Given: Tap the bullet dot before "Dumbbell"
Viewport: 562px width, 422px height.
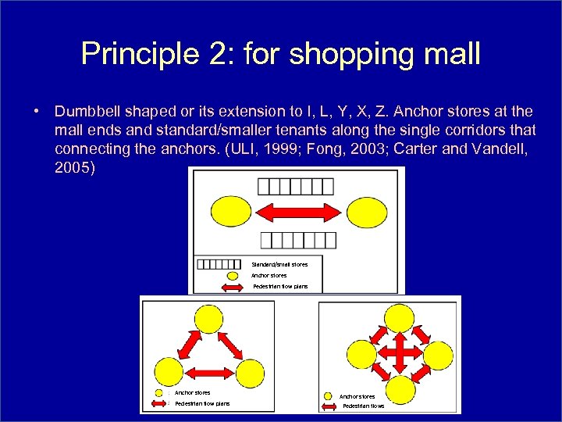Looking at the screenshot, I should click(x=37, y=112).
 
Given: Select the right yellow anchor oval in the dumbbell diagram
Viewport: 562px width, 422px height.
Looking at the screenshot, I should click(x=366, y=212).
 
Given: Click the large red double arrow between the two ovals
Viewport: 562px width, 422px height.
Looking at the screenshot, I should click(x=298, y=212).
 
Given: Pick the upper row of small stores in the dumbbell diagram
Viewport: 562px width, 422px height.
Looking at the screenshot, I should click(x=296, y=186).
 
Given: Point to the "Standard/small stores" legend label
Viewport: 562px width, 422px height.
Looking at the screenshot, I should click(x=279, y=264).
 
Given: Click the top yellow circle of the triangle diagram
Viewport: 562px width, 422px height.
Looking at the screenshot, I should click(x=208, y=320).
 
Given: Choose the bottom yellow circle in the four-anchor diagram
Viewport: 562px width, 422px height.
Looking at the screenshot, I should click(x=400, y=388).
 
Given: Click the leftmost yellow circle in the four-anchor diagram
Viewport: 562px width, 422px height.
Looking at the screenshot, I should click(x=361, y=353).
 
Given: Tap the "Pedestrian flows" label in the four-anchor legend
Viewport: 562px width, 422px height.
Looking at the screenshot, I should click(x=364, y=406).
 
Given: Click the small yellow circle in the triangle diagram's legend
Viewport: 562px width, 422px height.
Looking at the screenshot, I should click(x=159, y=392).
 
